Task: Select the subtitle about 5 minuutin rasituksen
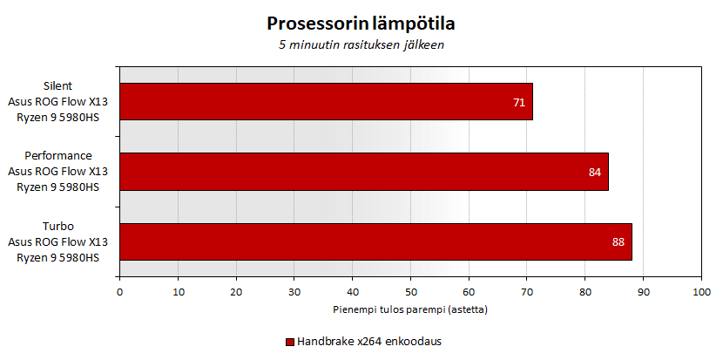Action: pyautogui.click(x=361, y=44)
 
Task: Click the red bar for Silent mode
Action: pyautogui.click(x=326, y=101)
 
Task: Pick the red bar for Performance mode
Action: pyautogui.click(x=364, y=172)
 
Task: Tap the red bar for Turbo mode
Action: pyautogui.click(x=375, y=241)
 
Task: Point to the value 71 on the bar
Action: pyautogui.click(x=519, y=103)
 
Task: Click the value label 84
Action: pyautogui.click(x=595, y=173)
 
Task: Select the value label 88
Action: pyautogui.click(x=618, y=242)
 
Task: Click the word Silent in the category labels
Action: pyautogui.click(x=58, y=86)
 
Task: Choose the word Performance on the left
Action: pyautogui.click(x=58, y=156)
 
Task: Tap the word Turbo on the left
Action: pyautogui.click(x=58, y=226)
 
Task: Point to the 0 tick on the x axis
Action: pyautogui.click(x=119, y=291)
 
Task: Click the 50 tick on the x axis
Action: pyautogui.click(x=410, y=291)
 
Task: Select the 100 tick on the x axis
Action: pyautogui.click(x=700, y=291)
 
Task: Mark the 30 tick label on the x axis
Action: pyautogui.click(x=294, y=291)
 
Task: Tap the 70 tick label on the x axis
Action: pyautogui.click(x=526, y=291)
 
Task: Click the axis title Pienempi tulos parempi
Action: pyautogui.click(x=409, y=309)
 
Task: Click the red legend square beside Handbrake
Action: pyautogui.click(x=289, y=342)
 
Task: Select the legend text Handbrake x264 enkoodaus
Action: pyautogui.click(x=369, y=342)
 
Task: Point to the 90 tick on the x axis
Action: pyautogui.click(x=643, y=291)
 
